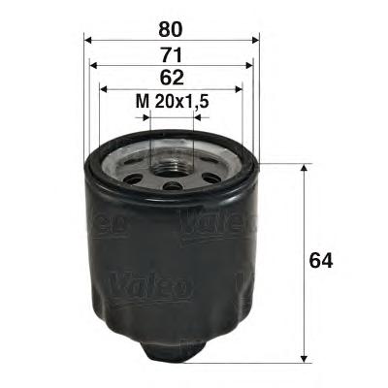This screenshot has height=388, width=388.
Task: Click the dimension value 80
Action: pos(172,16)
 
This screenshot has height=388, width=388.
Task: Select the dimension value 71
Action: pos(172,47)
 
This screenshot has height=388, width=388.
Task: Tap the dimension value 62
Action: pos(172,77)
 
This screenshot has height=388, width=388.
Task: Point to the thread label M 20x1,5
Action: pos(172,98)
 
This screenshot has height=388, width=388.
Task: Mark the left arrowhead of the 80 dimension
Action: pos(89,40)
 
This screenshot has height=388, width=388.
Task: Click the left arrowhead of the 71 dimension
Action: pos(93,66)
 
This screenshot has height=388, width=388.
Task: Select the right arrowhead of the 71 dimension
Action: pos(250,66)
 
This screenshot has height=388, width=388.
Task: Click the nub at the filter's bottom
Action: pos(173,351)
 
